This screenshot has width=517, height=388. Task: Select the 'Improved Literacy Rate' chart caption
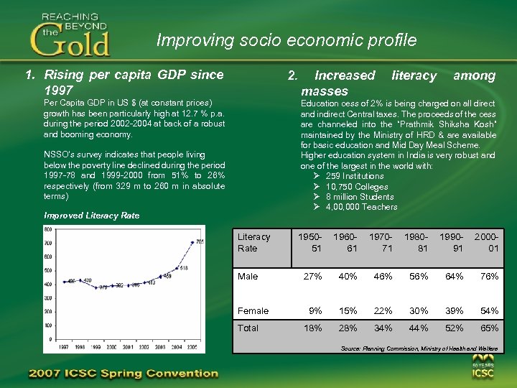point(91,216)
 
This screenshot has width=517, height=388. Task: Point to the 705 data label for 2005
point(200,241)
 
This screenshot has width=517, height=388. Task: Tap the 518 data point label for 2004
point(183,268)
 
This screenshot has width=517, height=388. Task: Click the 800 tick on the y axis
point(47,228)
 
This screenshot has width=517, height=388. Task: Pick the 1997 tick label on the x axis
point(64,346)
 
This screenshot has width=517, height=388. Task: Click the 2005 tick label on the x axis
point(192,346)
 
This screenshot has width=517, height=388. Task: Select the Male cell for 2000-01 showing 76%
point(490,277)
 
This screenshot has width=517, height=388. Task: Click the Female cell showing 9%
point(315,311)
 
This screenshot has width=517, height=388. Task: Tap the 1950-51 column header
point(310,242)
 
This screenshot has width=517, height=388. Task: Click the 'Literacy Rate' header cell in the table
point(254,242)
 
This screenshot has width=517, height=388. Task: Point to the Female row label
point(253,311)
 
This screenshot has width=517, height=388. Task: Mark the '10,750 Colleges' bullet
point(356,186)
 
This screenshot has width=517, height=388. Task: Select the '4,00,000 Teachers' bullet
point(360,207)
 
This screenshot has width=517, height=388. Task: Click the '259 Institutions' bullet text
point(354,176)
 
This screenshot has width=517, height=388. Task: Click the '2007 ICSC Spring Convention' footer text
point(122,374)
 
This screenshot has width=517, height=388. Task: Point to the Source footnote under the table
point(419,348)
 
